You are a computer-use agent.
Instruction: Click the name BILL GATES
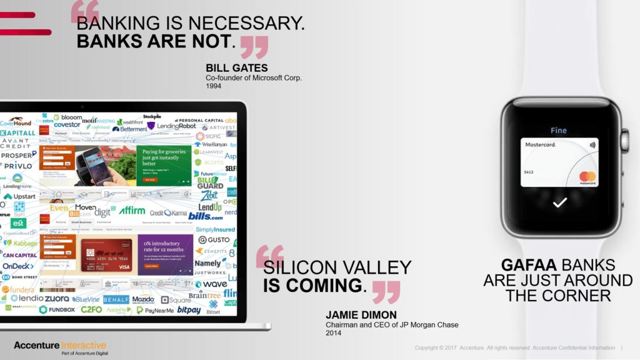(236, 67)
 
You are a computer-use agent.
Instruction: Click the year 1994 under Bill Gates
(213, 86)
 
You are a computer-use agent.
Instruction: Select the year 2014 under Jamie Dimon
(333, 333)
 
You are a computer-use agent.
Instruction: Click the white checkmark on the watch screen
(559, 202)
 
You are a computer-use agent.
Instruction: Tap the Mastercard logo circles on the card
(587, 177)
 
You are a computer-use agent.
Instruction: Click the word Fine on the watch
(559, 131)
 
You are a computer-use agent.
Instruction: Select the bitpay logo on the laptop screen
(189, 309)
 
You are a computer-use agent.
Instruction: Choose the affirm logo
(132, 211)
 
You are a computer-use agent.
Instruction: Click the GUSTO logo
(214, 240)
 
